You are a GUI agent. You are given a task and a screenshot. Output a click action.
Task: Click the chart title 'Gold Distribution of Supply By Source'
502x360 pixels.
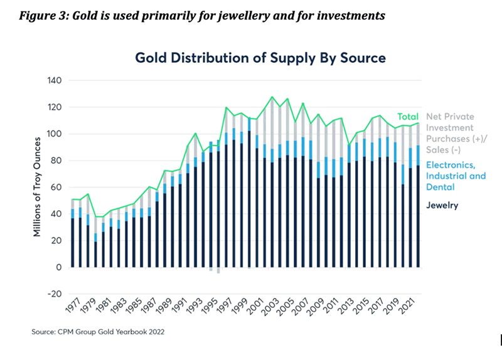(x=260, y=58)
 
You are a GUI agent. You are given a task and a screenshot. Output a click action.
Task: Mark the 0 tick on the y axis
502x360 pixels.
(x=57, y=268)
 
